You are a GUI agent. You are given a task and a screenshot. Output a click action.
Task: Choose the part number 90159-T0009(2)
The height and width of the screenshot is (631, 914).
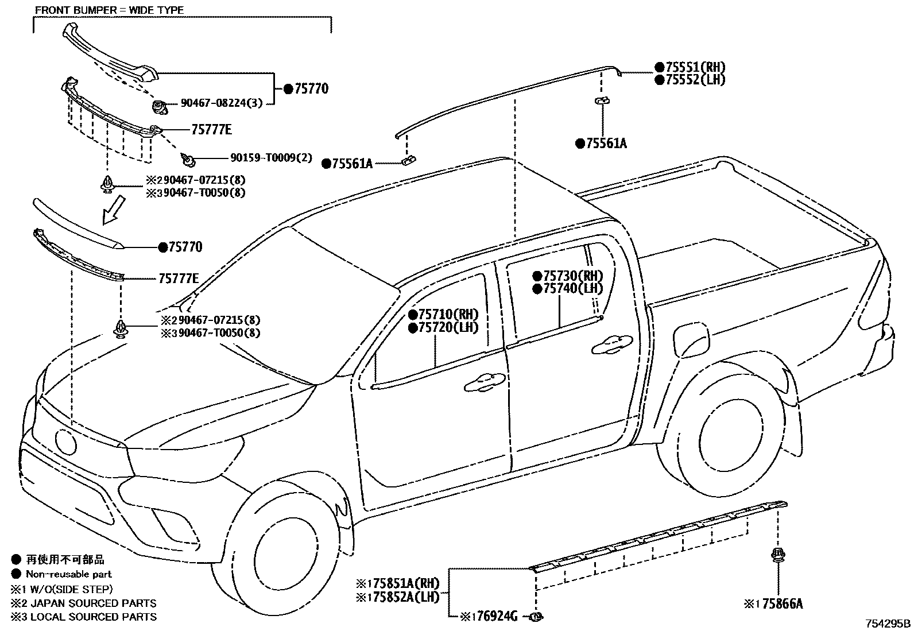point(272,157)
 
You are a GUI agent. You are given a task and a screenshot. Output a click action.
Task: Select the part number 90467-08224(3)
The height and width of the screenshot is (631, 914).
point(222,103)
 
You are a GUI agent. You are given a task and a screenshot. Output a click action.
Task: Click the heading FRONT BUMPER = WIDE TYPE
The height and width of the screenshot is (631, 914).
point(109,10)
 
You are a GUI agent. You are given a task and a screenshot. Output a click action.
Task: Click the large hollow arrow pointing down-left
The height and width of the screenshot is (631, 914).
point(113,210)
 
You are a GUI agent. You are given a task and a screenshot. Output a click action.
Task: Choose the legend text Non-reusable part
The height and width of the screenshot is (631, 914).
point(69,574)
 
